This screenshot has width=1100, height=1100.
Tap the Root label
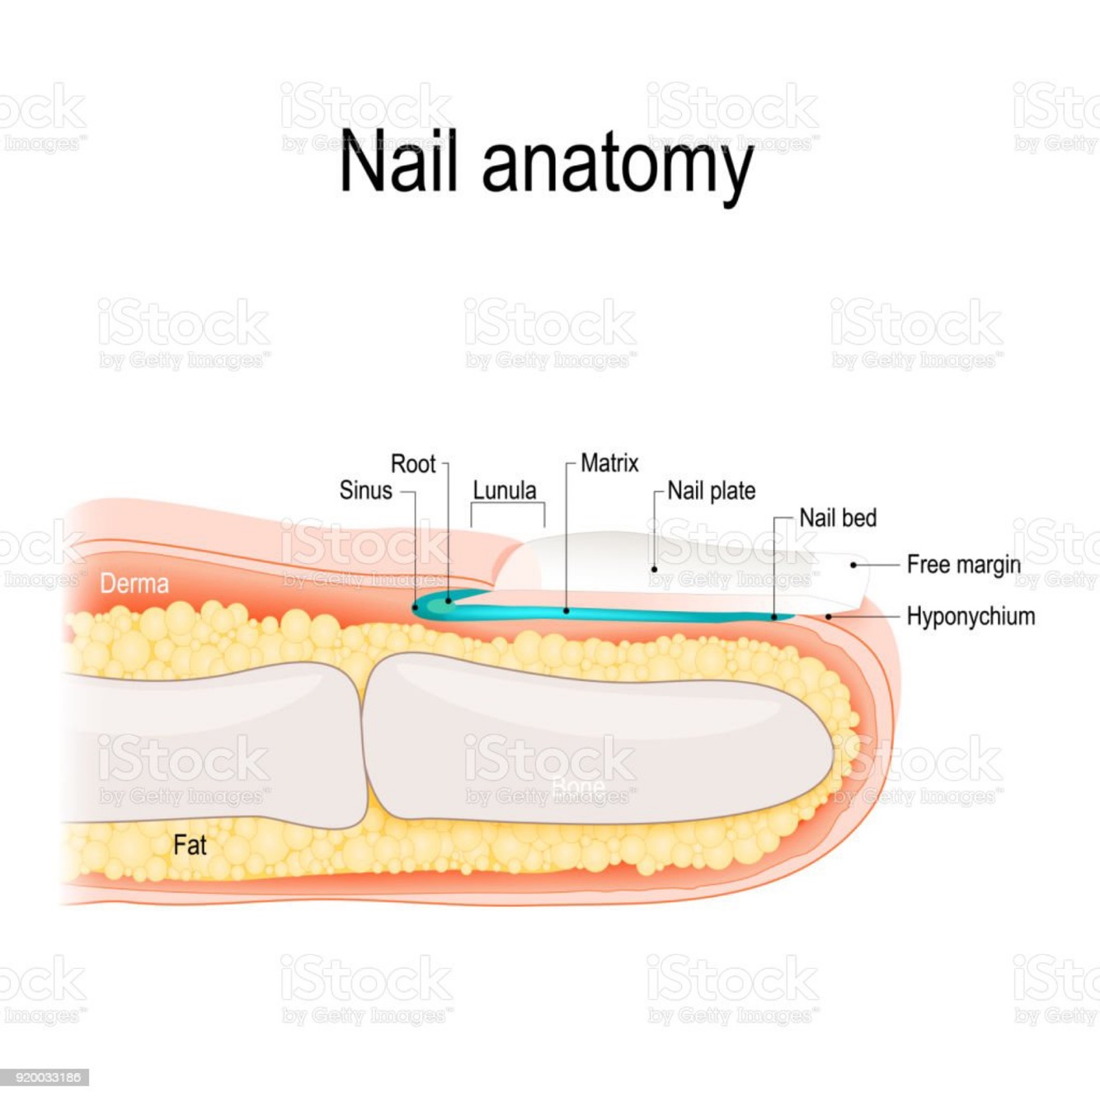(412, 464)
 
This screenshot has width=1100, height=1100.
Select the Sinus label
(365, 491)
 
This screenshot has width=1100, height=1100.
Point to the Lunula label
(505, 491)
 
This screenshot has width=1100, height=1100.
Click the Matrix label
(609, 463)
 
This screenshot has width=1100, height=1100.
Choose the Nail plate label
(711, 491)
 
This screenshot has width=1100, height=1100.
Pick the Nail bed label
(838, 518)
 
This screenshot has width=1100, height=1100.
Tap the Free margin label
(963, 565)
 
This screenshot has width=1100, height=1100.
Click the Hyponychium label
(971, 616)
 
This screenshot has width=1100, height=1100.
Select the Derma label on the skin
(134, 584)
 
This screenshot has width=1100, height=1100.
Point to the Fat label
(190, 845)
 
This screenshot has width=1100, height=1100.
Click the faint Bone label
(578, 787)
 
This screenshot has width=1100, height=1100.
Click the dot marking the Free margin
(853, 565)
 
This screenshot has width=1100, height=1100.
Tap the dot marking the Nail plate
(654, 568)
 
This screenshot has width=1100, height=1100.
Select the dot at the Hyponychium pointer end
(828, 616)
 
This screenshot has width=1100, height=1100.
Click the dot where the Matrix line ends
(566, 611)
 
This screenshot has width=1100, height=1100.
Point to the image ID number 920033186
(46, 1077)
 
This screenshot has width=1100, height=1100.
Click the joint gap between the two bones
(363, 742)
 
